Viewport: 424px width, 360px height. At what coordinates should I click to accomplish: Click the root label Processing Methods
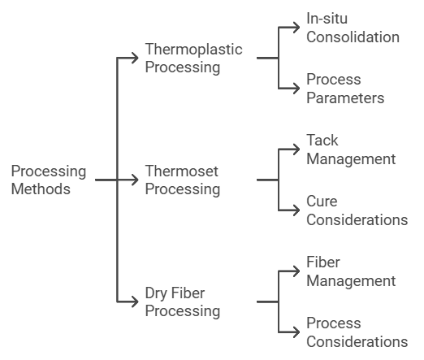49,180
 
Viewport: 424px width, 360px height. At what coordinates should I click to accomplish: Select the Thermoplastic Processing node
193,58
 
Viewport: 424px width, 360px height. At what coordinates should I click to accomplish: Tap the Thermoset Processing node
183,180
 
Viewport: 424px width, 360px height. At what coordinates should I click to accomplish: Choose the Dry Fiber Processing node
183,301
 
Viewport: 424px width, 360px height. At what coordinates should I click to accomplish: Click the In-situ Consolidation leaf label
353,28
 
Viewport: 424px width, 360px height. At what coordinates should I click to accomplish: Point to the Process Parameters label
345,89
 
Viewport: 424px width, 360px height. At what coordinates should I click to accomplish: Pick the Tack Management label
351,150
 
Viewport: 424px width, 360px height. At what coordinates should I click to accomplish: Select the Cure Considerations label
357,210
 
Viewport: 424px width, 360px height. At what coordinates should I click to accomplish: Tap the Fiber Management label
351,271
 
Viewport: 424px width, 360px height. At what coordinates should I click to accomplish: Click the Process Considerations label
357,332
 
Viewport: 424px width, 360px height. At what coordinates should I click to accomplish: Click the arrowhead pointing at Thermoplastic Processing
135,58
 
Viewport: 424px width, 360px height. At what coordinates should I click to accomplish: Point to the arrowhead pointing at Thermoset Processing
135,180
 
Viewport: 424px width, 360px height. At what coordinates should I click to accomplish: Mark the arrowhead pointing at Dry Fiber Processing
135,301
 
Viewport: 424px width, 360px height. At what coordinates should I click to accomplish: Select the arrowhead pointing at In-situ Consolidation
296,28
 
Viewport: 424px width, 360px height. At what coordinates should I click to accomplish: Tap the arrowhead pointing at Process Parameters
296,89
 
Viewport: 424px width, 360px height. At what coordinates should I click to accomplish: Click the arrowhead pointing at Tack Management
296,150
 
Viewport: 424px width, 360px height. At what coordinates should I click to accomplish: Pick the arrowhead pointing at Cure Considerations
296,210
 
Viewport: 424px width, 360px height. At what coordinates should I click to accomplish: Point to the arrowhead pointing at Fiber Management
296,271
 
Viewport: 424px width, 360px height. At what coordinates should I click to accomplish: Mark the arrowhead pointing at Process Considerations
296,332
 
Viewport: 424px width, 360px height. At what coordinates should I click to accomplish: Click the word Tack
322,141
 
